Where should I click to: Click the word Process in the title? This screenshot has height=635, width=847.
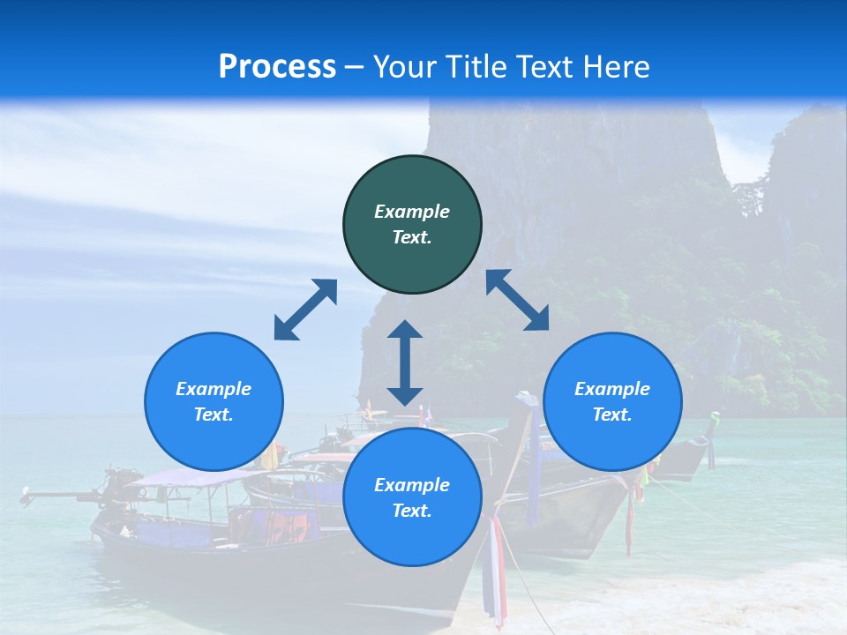pos(277,66)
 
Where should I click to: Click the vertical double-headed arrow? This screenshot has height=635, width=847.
pos(405,362)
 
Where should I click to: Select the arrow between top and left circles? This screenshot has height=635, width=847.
pos(305,310)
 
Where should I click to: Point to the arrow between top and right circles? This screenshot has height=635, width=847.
pos(517,300)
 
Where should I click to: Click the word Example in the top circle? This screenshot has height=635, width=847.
pos(412,212)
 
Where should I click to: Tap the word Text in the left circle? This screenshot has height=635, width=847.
pos(214,415)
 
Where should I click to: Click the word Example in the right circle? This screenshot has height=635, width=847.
pos(612,389)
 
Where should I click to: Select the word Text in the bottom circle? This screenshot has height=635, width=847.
pos(412,511)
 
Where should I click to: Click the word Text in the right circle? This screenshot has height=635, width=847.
pos(612,415)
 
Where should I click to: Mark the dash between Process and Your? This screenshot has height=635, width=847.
pos(355,67)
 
